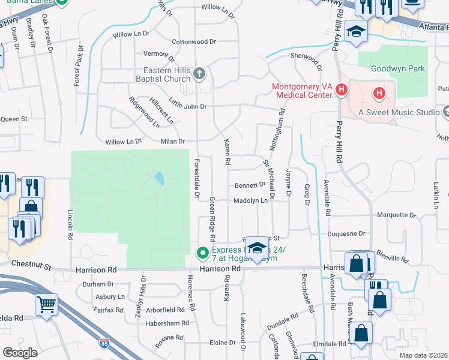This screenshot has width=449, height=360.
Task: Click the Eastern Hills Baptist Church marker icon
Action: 200,74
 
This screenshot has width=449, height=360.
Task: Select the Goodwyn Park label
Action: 397,69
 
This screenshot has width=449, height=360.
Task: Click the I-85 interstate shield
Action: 104,343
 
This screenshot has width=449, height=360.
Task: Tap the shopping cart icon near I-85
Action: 46,304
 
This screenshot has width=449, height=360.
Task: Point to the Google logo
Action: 20,352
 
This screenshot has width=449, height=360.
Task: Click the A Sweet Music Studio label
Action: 399,112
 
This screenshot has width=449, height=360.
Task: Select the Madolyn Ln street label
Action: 250,200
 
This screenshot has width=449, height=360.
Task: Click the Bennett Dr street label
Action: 250,185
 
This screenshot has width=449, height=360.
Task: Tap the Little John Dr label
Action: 187,103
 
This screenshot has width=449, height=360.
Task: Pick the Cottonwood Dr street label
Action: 193,42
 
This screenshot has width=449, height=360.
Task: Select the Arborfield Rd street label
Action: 165,310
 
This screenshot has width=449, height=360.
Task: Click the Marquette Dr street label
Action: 396,215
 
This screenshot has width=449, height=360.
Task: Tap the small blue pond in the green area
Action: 158,178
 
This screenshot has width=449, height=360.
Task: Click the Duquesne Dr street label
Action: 346,233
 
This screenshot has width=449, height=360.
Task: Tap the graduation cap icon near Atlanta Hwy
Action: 356,32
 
